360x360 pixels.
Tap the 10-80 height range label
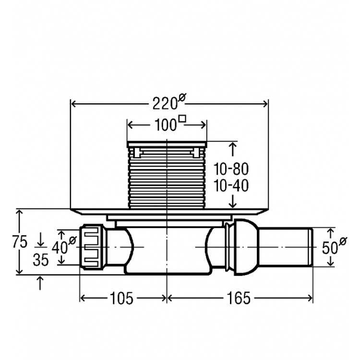(231, 169)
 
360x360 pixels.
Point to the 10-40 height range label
(231, 185)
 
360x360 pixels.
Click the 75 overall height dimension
(20, 241)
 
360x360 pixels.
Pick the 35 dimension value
(41, 260)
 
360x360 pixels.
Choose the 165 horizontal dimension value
(237, 299)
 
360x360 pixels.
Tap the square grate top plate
(167, 144)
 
